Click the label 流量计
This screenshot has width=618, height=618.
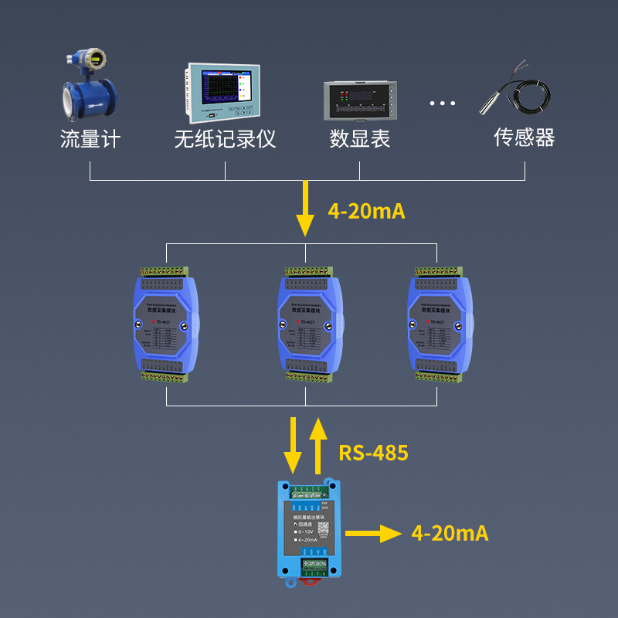(90, 139)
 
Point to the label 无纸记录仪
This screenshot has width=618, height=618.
(225, 139)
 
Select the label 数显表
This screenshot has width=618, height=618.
(360, 139)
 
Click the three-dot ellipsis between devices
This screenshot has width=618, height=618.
(443, 104)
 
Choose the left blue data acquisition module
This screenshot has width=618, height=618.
(165, 324)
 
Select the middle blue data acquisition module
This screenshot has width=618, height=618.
(307, 324)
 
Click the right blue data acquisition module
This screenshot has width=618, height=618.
(437, 324)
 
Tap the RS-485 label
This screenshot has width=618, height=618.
(373, 453)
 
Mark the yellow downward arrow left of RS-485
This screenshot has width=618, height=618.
(293, 445)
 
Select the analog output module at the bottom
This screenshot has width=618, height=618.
(308, 530)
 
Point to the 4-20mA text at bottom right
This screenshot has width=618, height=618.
(450, 533)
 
